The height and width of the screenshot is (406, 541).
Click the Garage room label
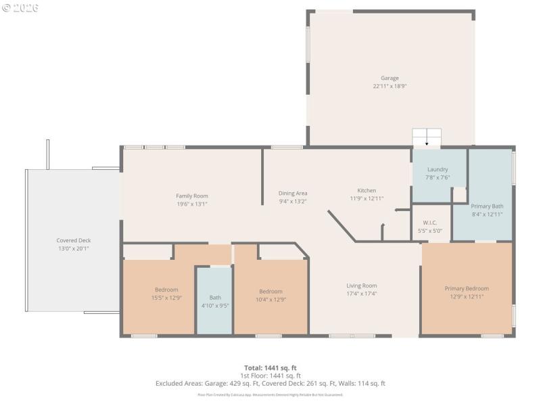tap(390, 78)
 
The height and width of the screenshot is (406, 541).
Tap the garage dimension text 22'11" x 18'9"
tap(390, 87)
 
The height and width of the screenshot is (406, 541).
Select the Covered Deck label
tap(74, 240)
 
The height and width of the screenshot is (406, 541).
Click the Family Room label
tap(192, 196)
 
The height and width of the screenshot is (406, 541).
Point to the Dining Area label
tap(293, 193)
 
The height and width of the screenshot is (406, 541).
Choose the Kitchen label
tap(367, 190)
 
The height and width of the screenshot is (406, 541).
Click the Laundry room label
tap(438, 169)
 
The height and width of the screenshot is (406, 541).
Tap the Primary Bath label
tap(487, 206)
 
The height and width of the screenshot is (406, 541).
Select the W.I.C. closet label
tap(431, 223)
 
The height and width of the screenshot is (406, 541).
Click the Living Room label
tap(362, 286)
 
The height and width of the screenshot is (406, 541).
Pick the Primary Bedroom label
tap(467, 288)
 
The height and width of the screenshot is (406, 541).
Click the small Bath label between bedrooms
tap(215, 297)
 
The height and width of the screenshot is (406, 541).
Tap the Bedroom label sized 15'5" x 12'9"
tap(166, 290)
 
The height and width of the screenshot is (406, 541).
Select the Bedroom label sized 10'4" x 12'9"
tap(270, 291)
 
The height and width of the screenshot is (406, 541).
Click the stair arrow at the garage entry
tap(427, 143)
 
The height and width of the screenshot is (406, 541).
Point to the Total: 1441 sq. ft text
tap(270, 367)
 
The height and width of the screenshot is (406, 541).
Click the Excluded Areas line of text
tap(270, 383)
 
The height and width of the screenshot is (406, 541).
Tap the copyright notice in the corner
tap(20, 7)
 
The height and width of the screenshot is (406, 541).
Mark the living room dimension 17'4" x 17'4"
tap(362, 294)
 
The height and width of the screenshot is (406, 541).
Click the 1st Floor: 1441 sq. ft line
tap(270, 375)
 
